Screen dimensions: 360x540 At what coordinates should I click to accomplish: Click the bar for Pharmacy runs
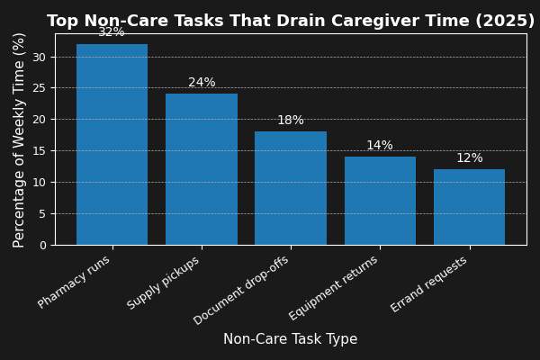112,144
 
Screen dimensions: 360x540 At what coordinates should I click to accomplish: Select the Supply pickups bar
202,169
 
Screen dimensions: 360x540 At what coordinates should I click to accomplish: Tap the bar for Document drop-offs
291,188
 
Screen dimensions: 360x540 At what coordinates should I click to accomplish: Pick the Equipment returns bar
380,201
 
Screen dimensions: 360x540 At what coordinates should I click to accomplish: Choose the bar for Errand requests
469,207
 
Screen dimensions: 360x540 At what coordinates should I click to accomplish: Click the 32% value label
112,32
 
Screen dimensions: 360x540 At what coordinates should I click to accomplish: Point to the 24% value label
202,83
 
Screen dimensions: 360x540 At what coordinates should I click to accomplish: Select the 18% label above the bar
291,121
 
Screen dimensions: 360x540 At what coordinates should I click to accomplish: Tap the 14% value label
380,146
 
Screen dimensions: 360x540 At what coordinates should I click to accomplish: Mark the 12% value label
469,158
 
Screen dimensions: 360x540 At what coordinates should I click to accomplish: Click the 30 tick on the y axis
39,57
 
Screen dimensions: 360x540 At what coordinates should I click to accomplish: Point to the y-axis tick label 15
39,151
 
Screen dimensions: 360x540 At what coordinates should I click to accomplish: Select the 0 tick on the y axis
42,245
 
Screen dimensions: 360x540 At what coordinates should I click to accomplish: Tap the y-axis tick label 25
39,88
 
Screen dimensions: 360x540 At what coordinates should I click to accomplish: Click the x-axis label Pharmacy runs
75,282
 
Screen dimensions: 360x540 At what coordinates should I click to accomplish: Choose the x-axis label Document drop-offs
242,290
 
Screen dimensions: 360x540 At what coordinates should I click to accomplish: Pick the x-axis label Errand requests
430,284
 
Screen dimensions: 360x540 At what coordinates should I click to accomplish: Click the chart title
291,21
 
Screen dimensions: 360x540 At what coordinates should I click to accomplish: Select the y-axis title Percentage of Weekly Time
20,139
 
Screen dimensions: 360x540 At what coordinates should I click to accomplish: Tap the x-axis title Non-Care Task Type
291,339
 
